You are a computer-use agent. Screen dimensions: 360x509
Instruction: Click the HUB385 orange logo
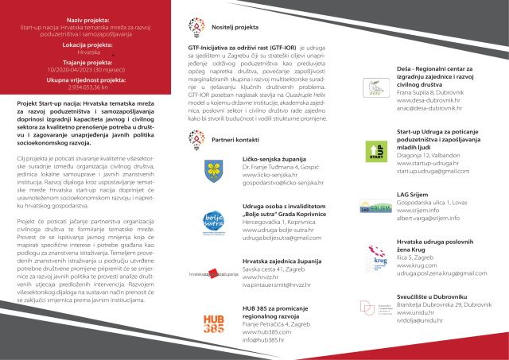click(x=212, y=323)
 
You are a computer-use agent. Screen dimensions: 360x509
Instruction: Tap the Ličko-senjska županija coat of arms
click(x=212, y=168)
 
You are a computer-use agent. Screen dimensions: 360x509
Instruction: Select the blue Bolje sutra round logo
click(x=213, y=221)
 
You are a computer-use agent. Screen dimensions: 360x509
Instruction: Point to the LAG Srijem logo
click(x=376, y=209)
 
